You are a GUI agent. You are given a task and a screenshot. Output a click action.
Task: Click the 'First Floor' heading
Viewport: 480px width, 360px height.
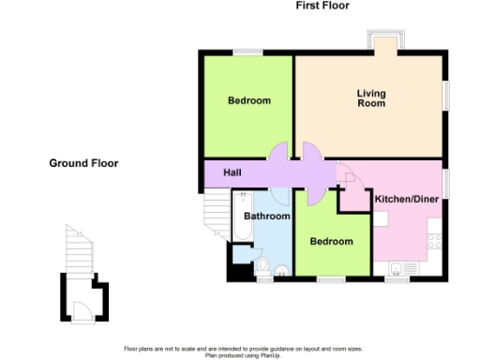pos(322,6)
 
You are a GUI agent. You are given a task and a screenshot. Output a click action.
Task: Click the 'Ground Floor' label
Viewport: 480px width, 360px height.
pos(83,163)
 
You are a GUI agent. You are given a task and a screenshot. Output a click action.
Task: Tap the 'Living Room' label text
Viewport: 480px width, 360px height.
pos(371,98)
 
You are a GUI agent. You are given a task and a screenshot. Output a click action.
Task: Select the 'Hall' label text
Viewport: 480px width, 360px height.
pos(233,173)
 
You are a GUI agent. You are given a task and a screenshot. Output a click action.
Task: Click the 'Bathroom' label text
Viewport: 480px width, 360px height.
pos(264,217)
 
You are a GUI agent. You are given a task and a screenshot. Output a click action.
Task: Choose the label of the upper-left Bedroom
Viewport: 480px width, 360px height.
pos(249,101)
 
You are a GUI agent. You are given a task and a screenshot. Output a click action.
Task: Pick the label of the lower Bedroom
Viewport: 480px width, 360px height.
pos(332,241)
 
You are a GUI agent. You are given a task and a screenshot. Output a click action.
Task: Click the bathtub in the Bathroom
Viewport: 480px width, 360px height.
pos(240,217)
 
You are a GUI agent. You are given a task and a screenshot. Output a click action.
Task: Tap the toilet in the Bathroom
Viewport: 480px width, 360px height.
pos(263,263)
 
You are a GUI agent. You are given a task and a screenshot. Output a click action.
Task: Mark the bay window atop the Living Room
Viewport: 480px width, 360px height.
pos(387,42)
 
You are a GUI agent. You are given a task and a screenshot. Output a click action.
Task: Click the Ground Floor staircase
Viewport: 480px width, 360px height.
pos(79,249)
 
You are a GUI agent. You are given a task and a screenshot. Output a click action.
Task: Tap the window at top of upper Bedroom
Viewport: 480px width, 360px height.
pos(248,51)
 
